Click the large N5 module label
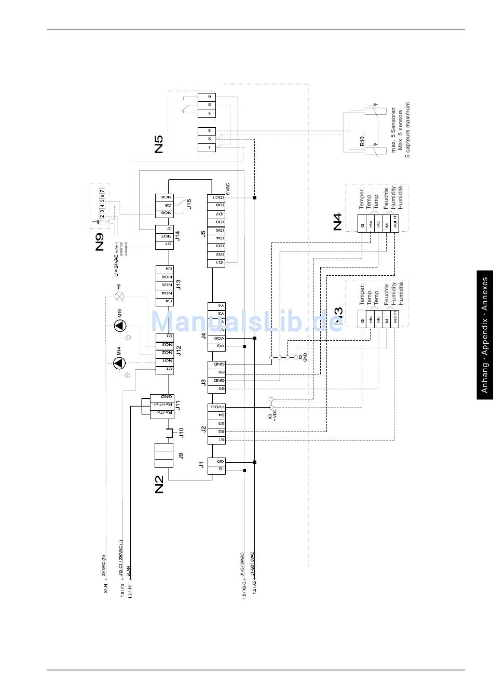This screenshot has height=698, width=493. [x=159, y=144]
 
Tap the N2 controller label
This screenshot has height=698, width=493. [x=159, y=484]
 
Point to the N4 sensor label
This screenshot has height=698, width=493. [x=337, y=222]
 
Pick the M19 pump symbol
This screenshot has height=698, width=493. [x=120, y=326]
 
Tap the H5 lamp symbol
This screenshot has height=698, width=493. [x=119, y=297]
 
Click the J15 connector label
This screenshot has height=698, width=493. [x=189, y=204]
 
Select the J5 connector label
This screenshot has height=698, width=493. [x=203, y=233]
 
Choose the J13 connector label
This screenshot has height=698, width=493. [x=178, y=284]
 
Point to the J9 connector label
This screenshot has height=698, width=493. [x=181, y=455]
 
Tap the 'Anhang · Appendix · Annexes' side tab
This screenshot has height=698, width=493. [x=485, y=335]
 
